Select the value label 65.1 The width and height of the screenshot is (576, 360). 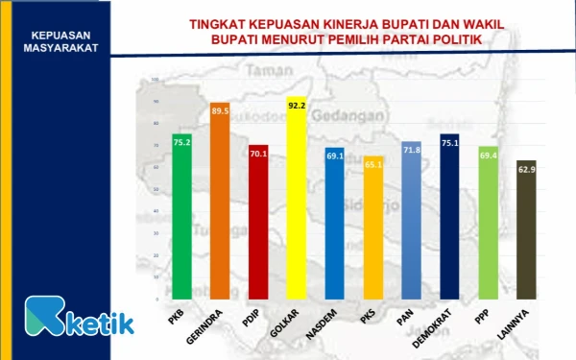click(x=372, y=165)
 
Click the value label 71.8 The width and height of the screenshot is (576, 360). click(x=411, y=151)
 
